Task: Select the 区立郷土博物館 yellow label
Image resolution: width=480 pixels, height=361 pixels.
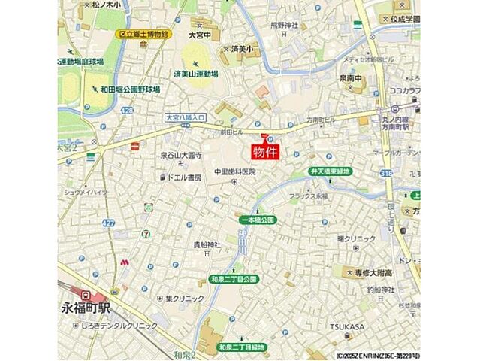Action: [143, 34]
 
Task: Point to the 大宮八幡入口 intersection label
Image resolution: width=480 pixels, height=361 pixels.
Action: [184, 118]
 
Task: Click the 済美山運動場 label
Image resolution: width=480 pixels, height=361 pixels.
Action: [196, 74]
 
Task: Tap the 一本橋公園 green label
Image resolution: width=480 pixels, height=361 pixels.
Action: [257, 220]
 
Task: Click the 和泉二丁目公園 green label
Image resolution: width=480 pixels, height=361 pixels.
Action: [234, 279]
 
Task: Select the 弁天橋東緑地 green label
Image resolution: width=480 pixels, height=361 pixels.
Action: [331, 171]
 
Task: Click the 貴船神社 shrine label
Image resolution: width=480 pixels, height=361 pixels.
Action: [207, 244]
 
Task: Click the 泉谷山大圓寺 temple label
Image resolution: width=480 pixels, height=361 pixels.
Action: [180, 155]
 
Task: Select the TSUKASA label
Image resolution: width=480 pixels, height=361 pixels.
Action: [346, 326]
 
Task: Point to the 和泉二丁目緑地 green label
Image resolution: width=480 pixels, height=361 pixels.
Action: [241, 347]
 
